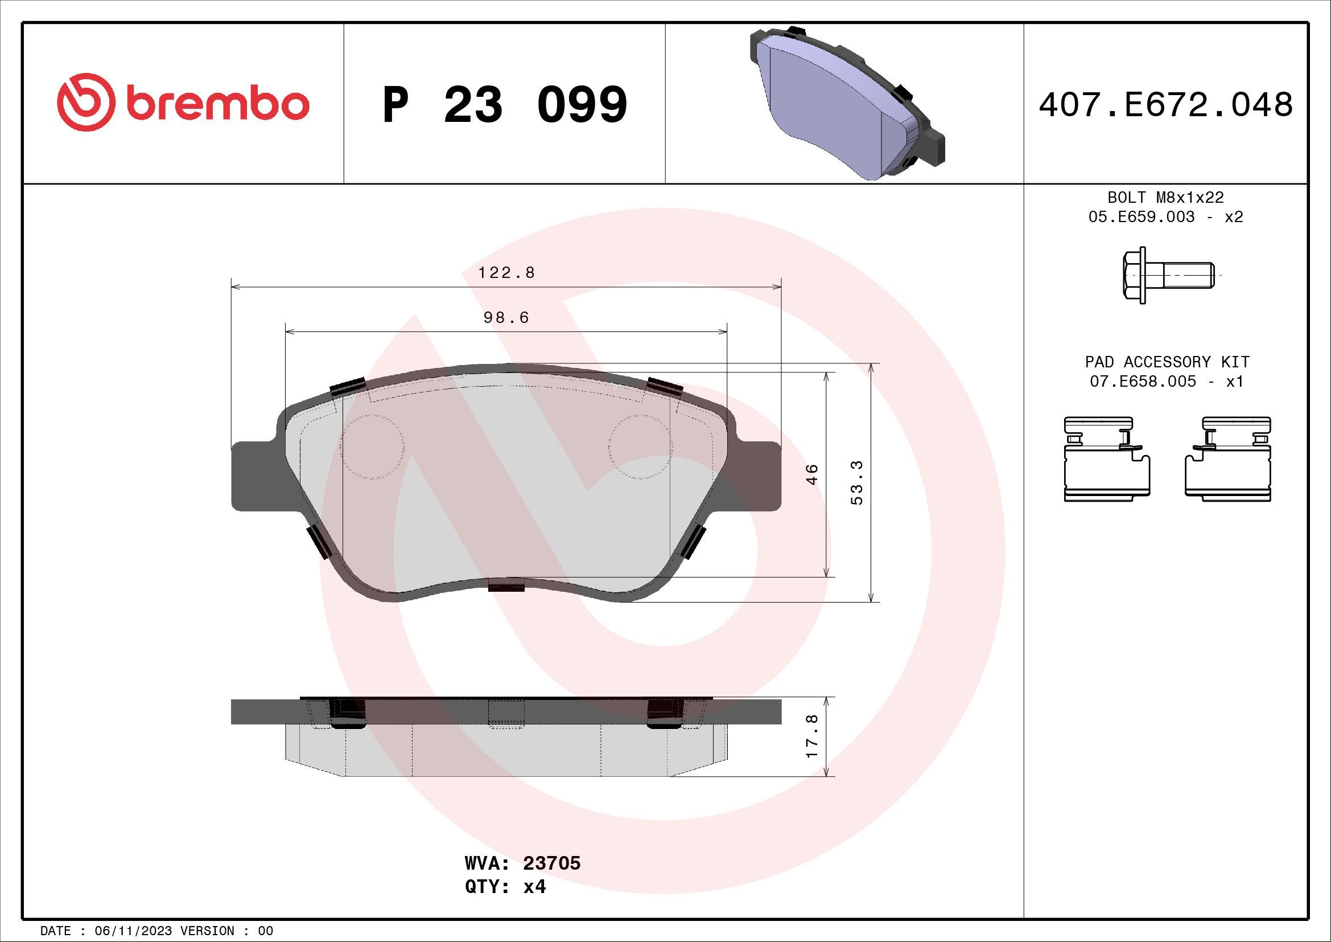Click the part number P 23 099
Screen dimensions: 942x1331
point(505,105)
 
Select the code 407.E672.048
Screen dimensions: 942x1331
point(1165,105)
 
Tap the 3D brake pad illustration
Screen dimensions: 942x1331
point(846,104)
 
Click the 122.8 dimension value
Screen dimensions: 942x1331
point(506,272)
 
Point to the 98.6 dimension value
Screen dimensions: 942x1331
point(506,317)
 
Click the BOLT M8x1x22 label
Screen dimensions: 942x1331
point(1165,197)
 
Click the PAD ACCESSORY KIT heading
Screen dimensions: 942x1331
point(1167,362)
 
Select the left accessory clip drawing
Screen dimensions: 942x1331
point(1107,458)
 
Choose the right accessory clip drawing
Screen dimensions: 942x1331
point(1227,458)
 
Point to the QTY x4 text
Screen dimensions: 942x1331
point(505,887)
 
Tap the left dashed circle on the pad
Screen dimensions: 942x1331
point(372,447)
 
